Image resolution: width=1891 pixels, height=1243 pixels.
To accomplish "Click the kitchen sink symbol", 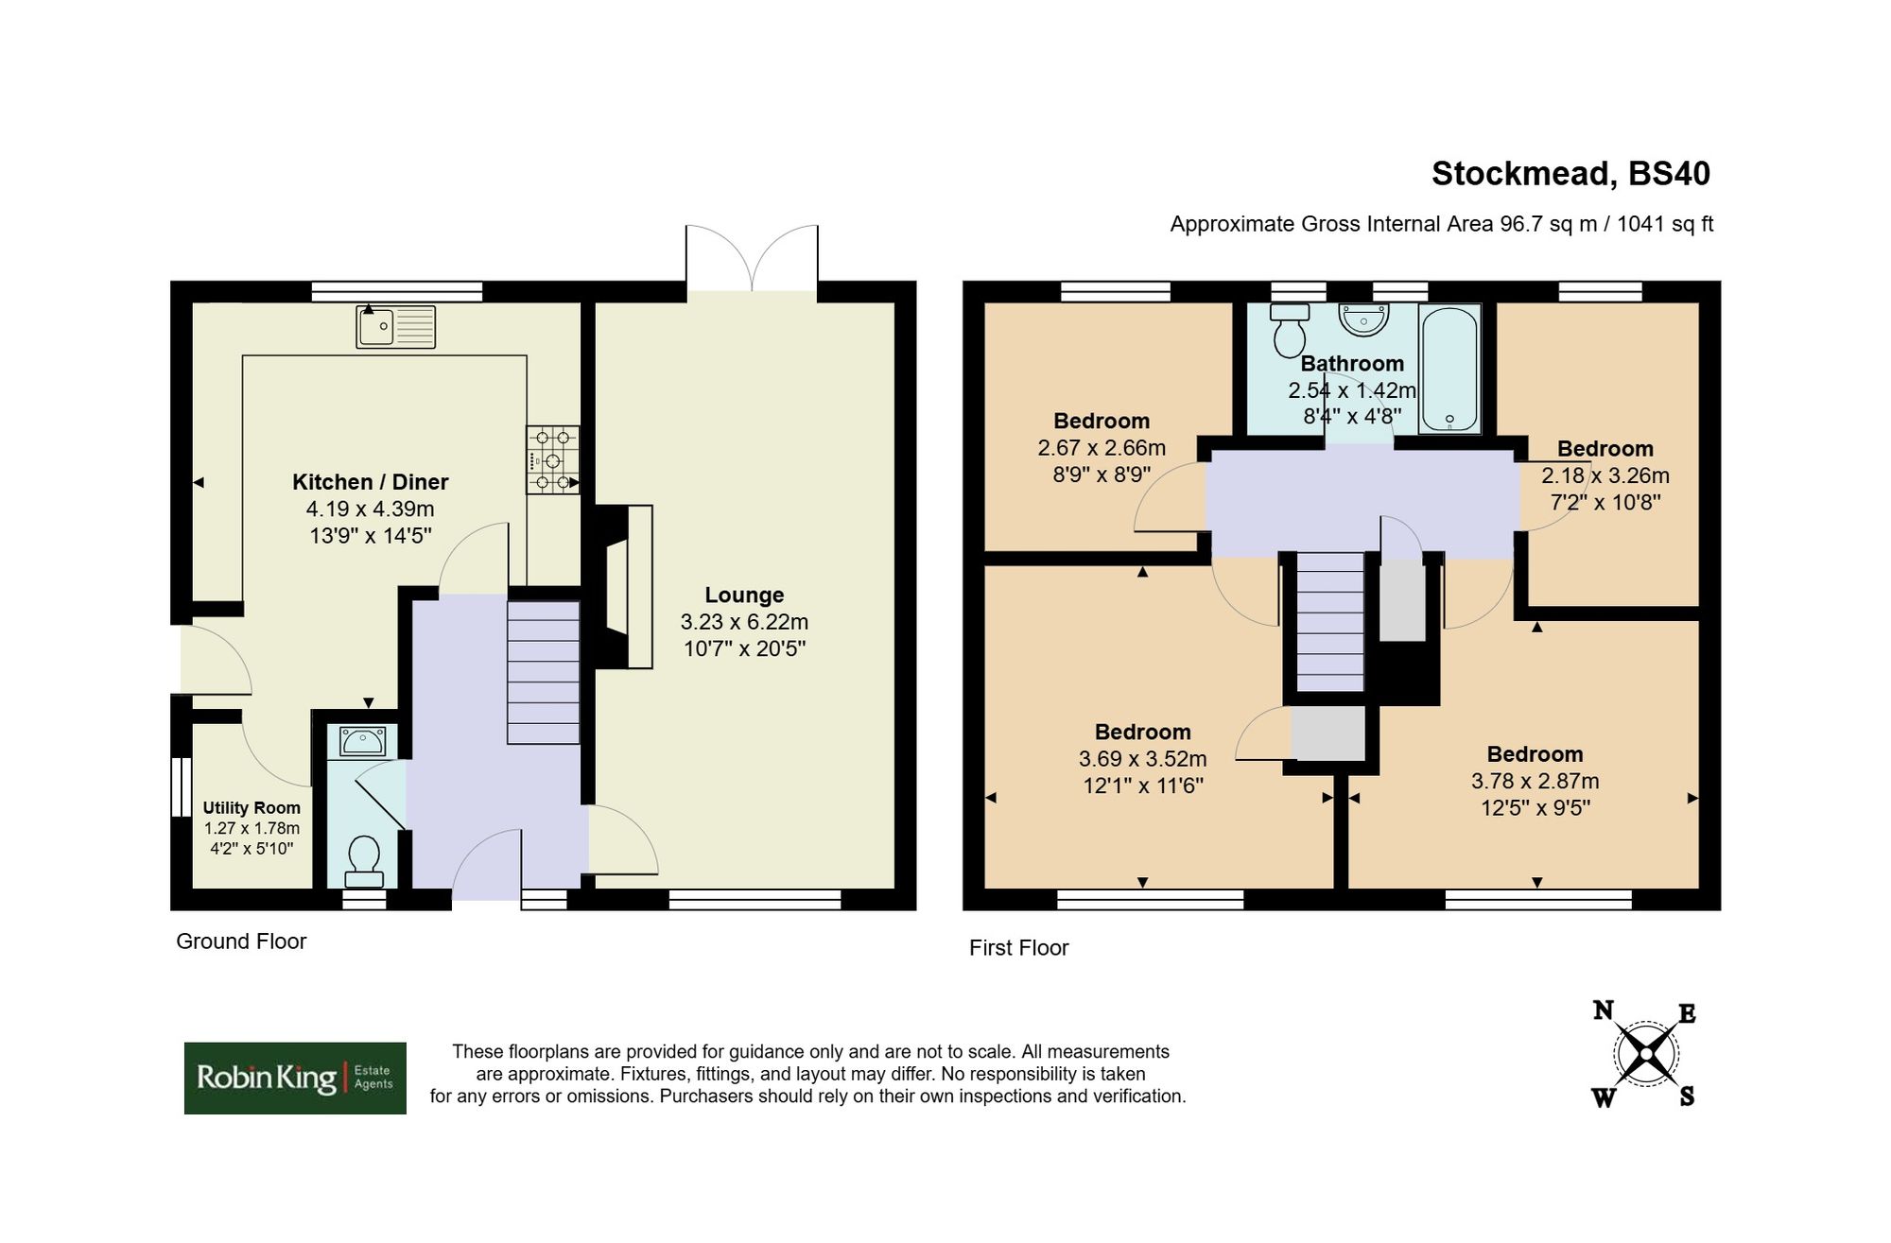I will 395,326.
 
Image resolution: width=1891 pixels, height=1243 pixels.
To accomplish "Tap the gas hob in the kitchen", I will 552,460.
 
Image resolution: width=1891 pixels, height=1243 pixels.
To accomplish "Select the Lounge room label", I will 744,596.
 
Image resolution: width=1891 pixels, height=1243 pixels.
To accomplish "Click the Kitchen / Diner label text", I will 370,482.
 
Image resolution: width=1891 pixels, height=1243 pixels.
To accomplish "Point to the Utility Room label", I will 252,808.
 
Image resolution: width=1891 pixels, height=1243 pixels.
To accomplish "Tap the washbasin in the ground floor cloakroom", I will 362,742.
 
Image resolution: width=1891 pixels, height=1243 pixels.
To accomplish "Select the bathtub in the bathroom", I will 1449,369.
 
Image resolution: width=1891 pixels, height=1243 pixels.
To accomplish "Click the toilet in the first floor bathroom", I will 1289,331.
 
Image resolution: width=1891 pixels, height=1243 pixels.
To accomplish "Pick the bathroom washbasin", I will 1363,319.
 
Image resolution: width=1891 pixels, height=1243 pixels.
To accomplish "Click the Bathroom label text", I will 1352,364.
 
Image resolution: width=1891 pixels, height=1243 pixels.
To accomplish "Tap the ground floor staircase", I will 544,672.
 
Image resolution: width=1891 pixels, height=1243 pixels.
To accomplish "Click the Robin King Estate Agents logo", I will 295,1078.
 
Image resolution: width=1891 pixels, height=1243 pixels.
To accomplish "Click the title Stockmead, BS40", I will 1570,174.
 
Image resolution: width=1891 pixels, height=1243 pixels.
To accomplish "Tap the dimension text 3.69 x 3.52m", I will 1142,759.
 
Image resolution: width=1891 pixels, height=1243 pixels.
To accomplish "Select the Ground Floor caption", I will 241,941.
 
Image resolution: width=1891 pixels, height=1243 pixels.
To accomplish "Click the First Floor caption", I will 1018,948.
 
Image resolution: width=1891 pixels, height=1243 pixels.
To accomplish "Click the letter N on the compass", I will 1603,1010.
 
